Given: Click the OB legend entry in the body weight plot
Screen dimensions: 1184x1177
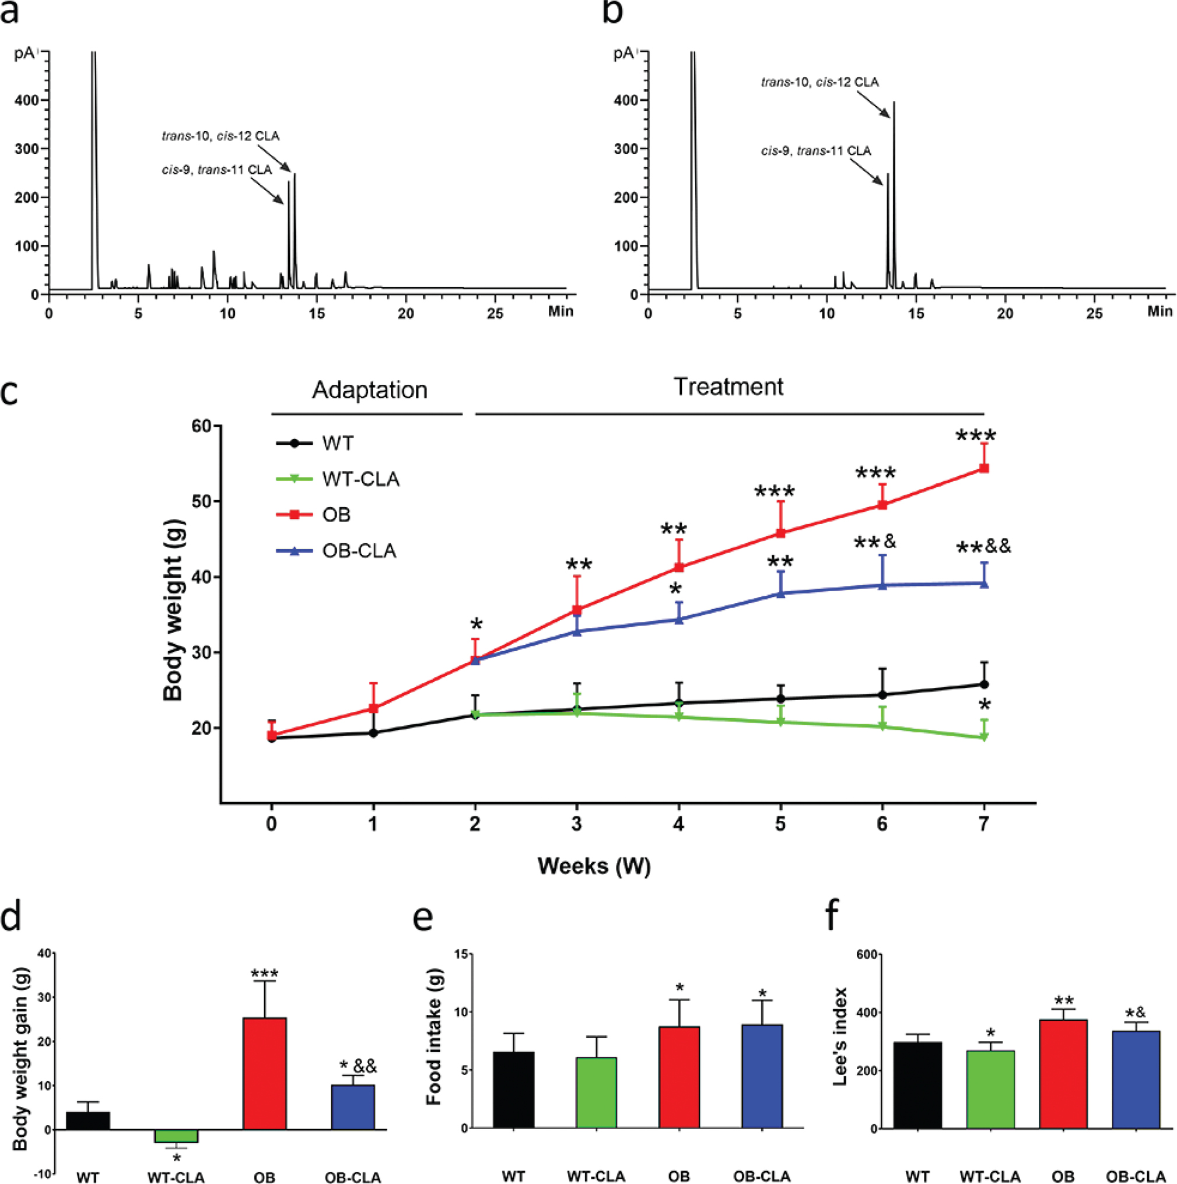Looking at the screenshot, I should (336, 514).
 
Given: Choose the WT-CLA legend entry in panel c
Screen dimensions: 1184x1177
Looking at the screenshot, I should (360, 479).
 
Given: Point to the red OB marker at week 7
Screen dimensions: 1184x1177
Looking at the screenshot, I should (984, 468).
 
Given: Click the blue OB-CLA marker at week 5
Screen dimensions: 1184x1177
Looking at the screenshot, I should (780, 593).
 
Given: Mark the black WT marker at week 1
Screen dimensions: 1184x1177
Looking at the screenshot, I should (373, 732).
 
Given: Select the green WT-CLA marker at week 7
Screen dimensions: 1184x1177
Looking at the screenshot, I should (984, 737).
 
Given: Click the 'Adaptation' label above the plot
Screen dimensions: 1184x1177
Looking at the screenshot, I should (369, 391).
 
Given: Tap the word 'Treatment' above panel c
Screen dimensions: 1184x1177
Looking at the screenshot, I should (728, 387).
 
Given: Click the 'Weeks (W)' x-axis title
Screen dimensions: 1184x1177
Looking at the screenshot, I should (593, 866).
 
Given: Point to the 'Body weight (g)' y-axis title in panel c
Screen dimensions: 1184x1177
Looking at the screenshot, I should (173, 614).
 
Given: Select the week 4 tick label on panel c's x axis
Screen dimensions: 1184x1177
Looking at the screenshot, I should (678, 824).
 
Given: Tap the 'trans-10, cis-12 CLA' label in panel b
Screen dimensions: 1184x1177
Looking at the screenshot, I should (819, 82).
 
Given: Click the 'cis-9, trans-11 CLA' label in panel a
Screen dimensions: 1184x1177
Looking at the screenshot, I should (216, 170).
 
